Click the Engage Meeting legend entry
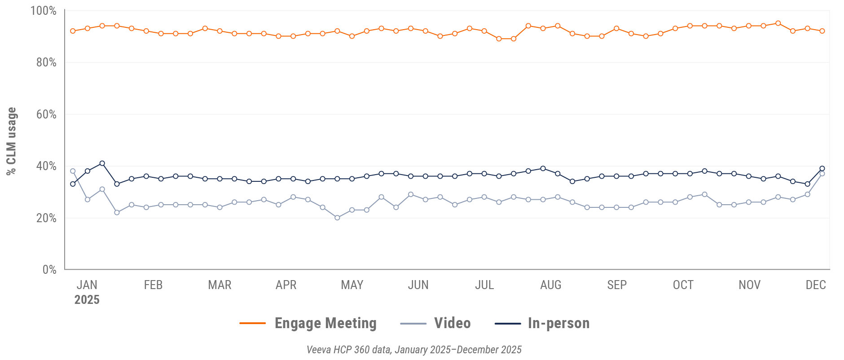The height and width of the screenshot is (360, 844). coord(325,323)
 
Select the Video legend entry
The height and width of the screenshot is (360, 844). coord(452,323)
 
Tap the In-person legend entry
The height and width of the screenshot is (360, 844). coord(558,323)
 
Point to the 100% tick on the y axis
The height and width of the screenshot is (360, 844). coord(43,11)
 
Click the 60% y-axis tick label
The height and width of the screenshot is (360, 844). coord(46,114)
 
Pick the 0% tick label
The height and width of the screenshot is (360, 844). coord(49,270)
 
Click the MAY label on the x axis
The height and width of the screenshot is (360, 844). coord(352,285)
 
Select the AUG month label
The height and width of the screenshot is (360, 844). coord(550,285)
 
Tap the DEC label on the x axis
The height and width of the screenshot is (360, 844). coord(815,285)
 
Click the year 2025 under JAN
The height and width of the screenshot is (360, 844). coord(87,300)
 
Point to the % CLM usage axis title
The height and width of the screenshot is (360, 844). coord(11,141)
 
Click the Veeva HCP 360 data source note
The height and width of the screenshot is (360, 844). coord(414,350)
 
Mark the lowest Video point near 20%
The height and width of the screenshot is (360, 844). coord(337,218)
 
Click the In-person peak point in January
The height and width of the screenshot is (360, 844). coord(102,163)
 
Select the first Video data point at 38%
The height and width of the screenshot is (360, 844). coord(73,171)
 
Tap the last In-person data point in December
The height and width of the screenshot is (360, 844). coord(822,169)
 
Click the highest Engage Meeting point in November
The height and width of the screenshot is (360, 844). coord(778,23)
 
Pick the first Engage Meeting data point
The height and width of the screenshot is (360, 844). coord(73,31)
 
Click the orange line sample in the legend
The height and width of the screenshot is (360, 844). coord(253,323)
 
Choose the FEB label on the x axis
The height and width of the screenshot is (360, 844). coord(153,285)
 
